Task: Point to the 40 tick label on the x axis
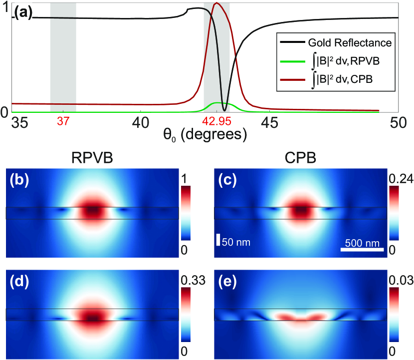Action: point(141,122)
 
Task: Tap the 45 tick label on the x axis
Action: point(270,122)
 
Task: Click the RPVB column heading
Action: point(92,158)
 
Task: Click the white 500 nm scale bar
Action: point(363,249)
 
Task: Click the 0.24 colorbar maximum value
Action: point(399,178)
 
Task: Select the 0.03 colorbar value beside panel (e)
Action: point(399,282)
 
